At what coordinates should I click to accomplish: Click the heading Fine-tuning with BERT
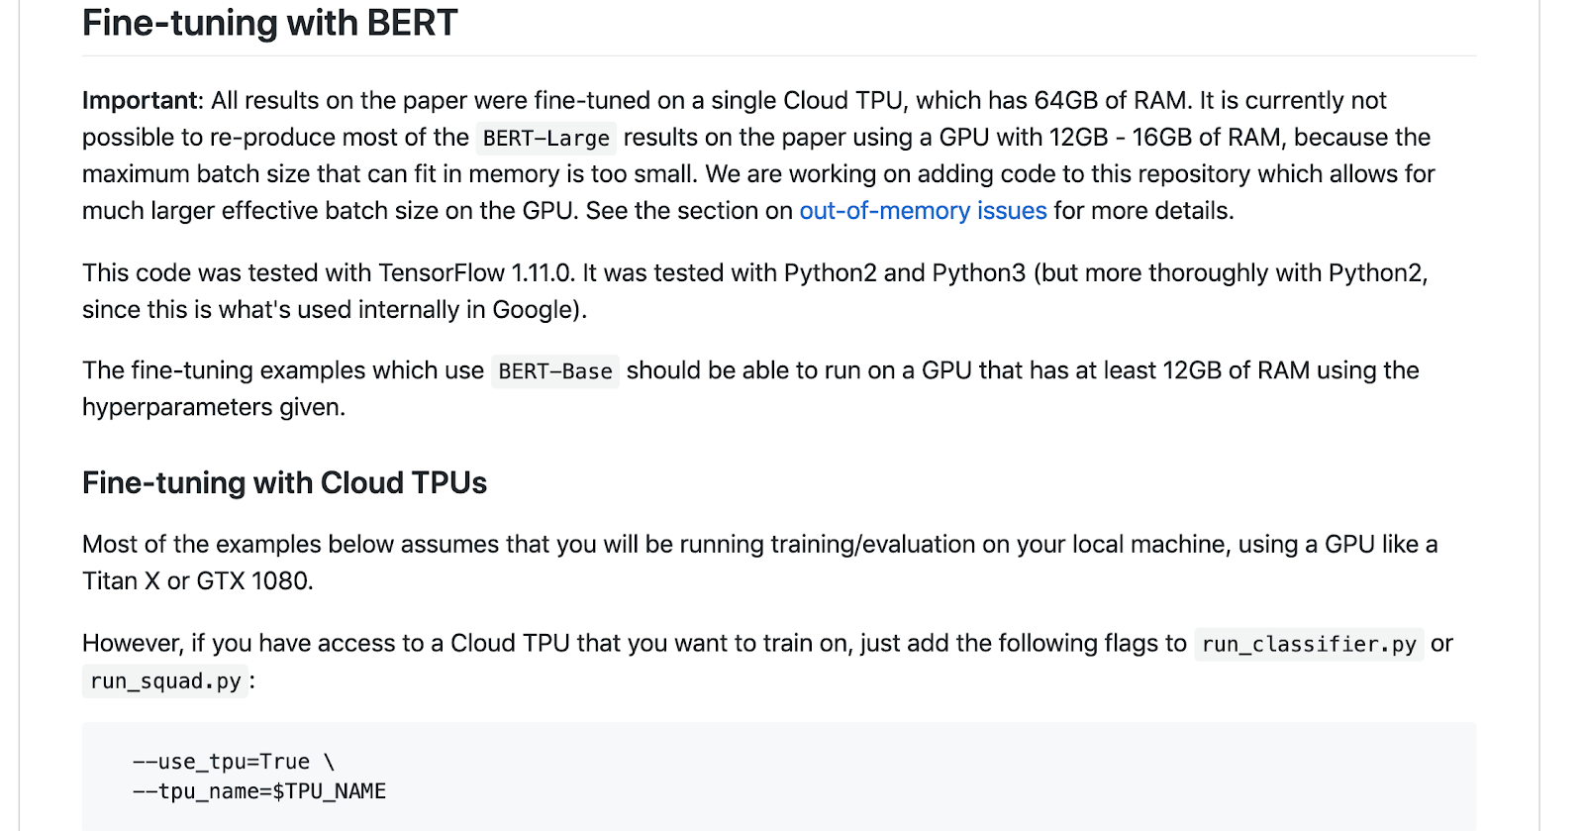click(269, 24)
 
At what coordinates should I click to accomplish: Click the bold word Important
click(141, 101)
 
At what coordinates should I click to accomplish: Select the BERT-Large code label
click(545, 139)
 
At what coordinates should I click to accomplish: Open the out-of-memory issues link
click(923, 211)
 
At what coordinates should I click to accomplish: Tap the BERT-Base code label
click(555, 372)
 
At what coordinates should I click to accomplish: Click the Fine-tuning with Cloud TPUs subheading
click(284, 483)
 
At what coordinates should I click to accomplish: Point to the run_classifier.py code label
click(1309, 645)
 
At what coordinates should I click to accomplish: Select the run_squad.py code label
click(165, 681)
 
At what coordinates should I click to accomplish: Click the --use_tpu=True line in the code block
click(234, 762)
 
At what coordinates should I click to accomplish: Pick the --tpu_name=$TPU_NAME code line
click(259, 791)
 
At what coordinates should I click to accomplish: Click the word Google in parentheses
click(533, 310)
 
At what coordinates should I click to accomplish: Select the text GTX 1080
click(252, 581)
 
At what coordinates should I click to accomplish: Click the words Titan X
click(121, 581)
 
